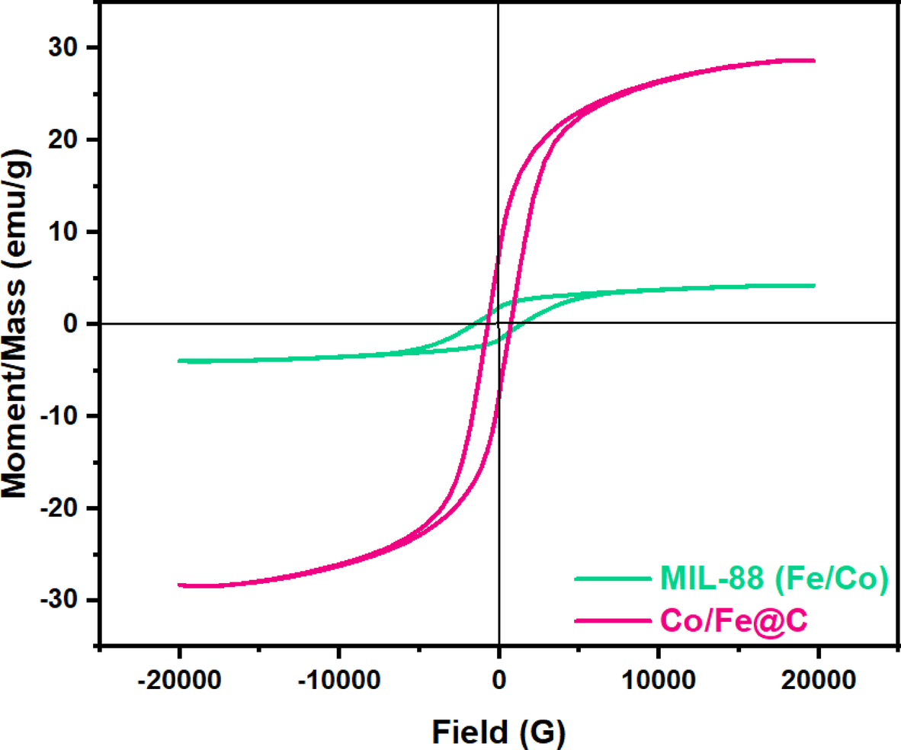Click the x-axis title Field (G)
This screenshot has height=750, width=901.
(499, 731)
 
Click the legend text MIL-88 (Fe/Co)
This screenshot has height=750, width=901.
(771, 581)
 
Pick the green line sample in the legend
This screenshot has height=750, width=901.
(609, 581)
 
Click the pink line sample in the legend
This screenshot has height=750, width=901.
(609, 622)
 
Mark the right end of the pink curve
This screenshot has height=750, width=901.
(814, 61)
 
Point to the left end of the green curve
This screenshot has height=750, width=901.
(178, 361)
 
